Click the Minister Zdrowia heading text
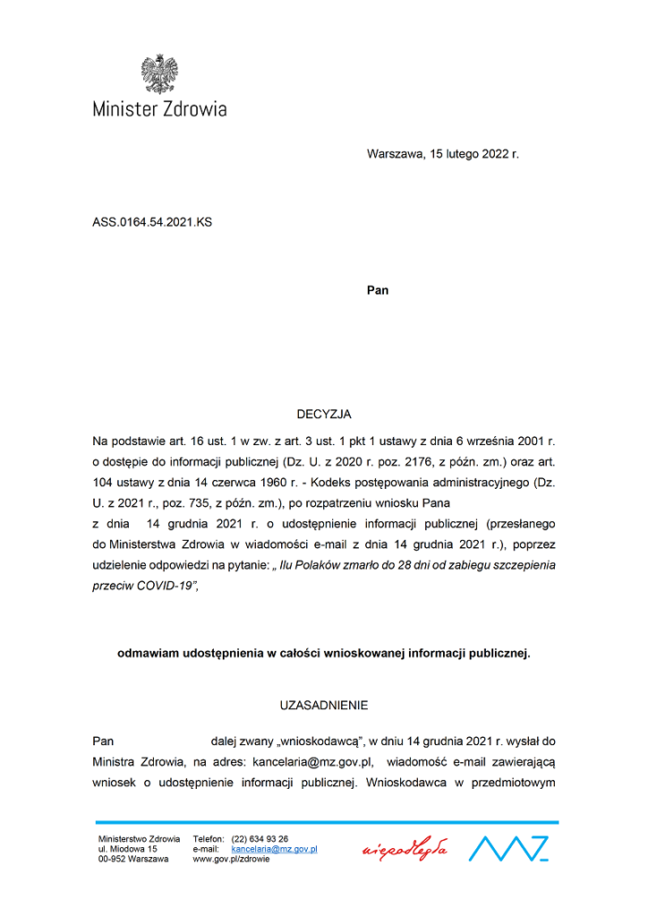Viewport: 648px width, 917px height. click(159, 109)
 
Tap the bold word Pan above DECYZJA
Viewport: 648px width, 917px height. click(378, 290)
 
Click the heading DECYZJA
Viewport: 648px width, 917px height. click(324, 414)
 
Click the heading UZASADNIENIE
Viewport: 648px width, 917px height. click(324, 705)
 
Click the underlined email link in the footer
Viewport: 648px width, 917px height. click(274, 848)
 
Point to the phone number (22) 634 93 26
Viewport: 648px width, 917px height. click(260, 838)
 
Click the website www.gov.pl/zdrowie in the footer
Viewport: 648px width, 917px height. click(232, 858)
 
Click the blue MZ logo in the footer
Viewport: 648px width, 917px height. click(508, 847)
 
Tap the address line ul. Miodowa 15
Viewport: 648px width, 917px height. click(127, 848)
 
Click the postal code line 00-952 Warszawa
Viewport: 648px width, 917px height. click(133, 858)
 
